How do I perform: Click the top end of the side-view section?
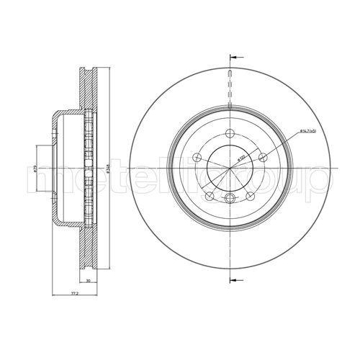point(86,68)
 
